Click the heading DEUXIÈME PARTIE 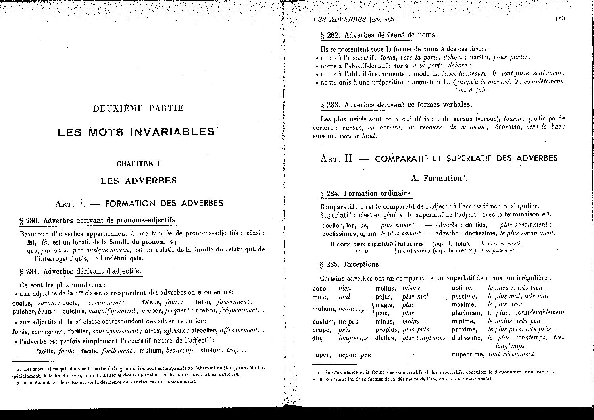[138, 108]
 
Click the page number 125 [560, 18]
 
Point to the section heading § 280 [98, 221]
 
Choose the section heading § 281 [80, 272]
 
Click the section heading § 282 [378, 35]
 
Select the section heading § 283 [396, 105]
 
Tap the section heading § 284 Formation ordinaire [366, 194]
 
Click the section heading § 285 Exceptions [350, 264]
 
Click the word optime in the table [462, 288]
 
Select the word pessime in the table [463, 297]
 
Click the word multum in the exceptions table [324, 309]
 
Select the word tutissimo [410, 244]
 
